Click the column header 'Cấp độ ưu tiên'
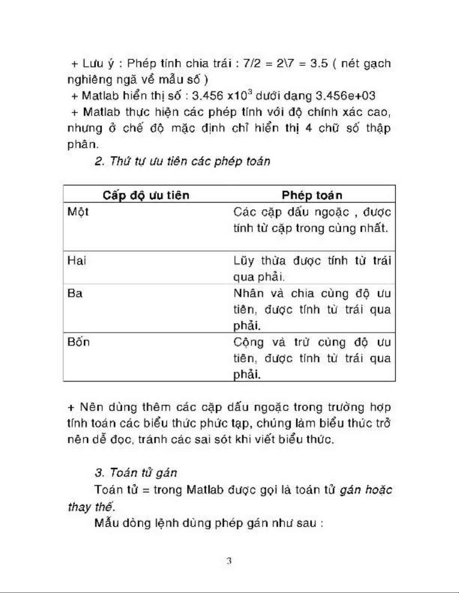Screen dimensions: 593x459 click(146, 195)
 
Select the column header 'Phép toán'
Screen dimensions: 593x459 click(312, 195)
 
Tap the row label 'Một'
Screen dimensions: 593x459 click(78, 212)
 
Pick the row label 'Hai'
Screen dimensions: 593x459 click(76, 260)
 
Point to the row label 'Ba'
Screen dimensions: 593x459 click(75, 293)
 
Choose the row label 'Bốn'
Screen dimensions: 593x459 click(78, 342)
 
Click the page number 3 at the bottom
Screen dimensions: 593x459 click(229, 561)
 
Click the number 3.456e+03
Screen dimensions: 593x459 click(345, 96)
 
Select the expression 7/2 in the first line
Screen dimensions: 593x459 click(251, 63)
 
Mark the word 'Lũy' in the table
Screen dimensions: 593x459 click(244, 261)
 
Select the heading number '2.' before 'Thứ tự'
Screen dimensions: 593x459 click(99, 161)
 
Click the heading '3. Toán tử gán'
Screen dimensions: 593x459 click(136, 473)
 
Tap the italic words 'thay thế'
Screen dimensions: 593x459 click(90, 507)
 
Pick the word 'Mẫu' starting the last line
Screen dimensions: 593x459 click(106, 523)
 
